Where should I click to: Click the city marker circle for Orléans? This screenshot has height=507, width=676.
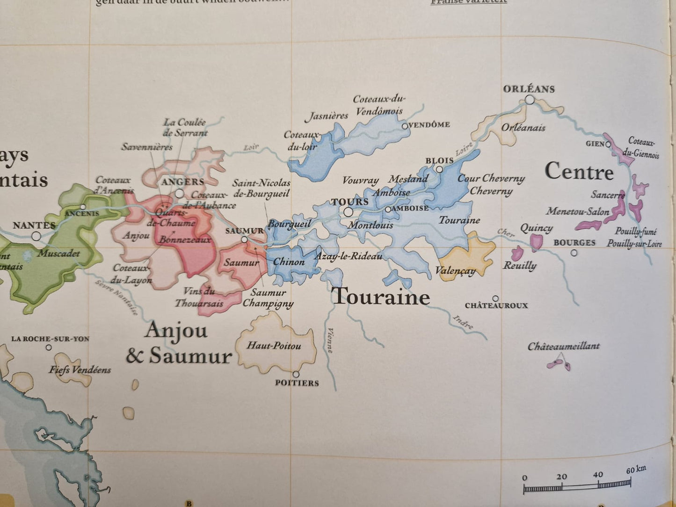[529, 100]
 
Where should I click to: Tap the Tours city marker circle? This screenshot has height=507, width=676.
[348, 212]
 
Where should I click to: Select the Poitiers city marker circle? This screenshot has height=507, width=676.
[296, 374]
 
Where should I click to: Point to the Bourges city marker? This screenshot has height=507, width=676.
[574, 253]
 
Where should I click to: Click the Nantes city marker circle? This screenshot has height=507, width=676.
[36, 236]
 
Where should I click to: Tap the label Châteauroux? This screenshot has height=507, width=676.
[496, 305]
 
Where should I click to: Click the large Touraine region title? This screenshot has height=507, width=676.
[380, 297]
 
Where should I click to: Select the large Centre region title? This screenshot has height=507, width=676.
[579, 172]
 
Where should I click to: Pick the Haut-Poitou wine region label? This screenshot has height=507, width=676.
[274, 346]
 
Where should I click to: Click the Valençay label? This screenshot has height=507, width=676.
[455, 271]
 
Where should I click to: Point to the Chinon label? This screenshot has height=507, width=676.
[289, 262]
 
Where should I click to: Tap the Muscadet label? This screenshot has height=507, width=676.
[58, 253]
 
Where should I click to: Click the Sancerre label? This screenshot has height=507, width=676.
[608, 195]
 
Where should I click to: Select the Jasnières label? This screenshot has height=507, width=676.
[327, 116]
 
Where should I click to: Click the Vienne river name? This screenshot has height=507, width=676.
[329, 340]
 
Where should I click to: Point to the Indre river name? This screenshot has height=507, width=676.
[463, 322]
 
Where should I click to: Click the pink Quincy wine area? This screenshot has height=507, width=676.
[536, 242]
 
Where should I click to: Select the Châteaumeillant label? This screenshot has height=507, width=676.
[563, 347]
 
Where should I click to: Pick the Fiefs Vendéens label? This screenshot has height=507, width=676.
[80, 370]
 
